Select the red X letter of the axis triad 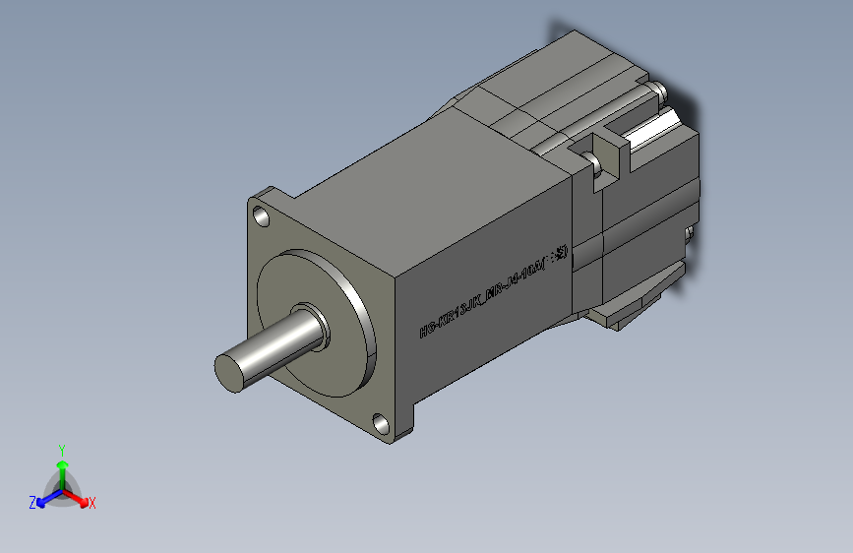pos(92,503)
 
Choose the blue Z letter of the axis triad pos(32,502)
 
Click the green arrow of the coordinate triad pos(62,467)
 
